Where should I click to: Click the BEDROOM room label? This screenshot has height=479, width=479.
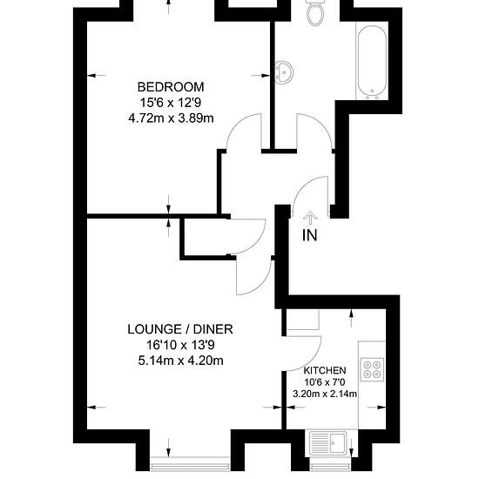[171, 87]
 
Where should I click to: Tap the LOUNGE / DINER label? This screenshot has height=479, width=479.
[180, 329]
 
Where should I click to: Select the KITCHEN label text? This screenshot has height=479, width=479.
[325, 370]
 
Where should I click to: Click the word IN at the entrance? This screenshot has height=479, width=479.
[310, 235]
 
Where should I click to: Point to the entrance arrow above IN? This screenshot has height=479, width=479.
[310, 218]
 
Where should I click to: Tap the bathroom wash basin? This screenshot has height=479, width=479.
[284, 72]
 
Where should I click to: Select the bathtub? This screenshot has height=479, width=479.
[372, 63]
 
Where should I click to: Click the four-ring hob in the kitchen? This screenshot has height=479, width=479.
[372, 369]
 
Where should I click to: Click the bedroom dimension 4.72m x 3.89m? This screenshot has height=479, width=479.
[171, 118]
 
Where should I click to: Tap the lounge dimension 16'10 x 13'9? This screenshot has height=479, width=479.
[180, 345]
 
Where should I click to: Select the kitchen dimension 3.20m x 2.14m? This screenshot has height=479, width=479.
[325, 394]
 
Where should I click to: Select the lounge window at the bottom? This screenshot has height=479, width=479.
[190, 463]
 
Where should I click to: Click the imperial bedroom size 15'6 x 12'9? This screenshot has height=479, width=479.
[171, 103]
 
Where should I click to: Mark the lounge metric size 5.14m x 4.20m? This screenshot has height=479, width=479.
[180, 361]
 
